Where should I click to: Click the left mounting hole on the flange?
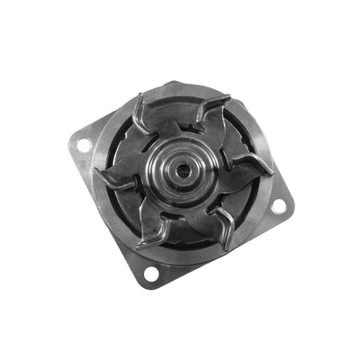pos(83,143)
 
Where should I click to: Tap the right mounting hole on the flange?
pos(278,205)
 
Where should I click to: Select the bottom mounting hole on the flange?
pos(149,272)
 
